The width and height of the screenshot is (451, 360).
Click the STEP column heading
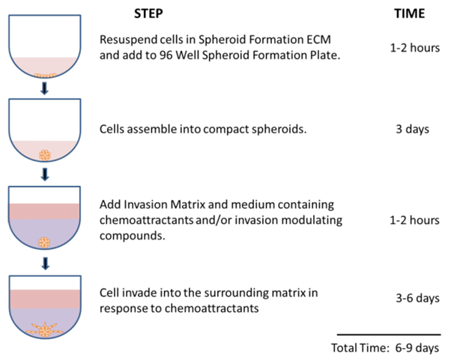pyautogui.click(x=148, y=13)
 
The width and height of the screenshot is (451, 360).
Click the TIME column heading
pyautogui.click(x=409, y=13)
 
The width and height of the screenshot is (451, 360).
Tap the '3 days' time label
pyautogui.click(x=413, y=129)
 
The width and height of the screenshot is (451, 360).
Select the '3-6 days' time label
pyautogui.click(x=417, y=298)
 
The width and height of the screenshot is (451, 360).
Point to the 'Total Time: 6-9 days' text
pyautogui.click(x=385, y=348)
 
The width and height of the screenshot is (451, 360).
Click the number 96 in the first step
pyautogui.click(x=166, y=55)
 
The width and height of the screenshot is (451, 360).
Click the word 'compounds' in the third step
pyautogui.click(x=131, y=237)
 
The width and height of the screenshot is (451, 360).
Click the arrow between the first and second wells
pyautogui.click(x=44, y=89)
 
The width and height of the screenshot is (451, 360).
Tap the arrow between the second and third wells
pyautogui.click(x=45, y=174)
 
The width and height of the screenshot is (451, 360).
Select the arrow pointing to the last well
pyautogui.click(x=45, y=263)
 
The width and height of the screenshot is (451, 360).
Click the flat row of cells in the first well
pyautogui.click(x=45, y=76)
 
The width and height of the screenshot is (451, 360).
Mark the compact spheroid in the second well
pyautogui.click(x=45, y=155)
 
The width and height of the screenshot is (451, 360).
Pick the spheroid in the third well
pyautogui.click(x=44, y=242)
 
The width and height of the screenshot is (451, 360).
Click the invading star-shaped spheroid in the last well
pyautogui.click(x=45, y=330)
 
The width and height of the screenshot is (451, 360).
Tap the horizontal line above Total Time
pyautogui.click(x=389, y=335)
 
